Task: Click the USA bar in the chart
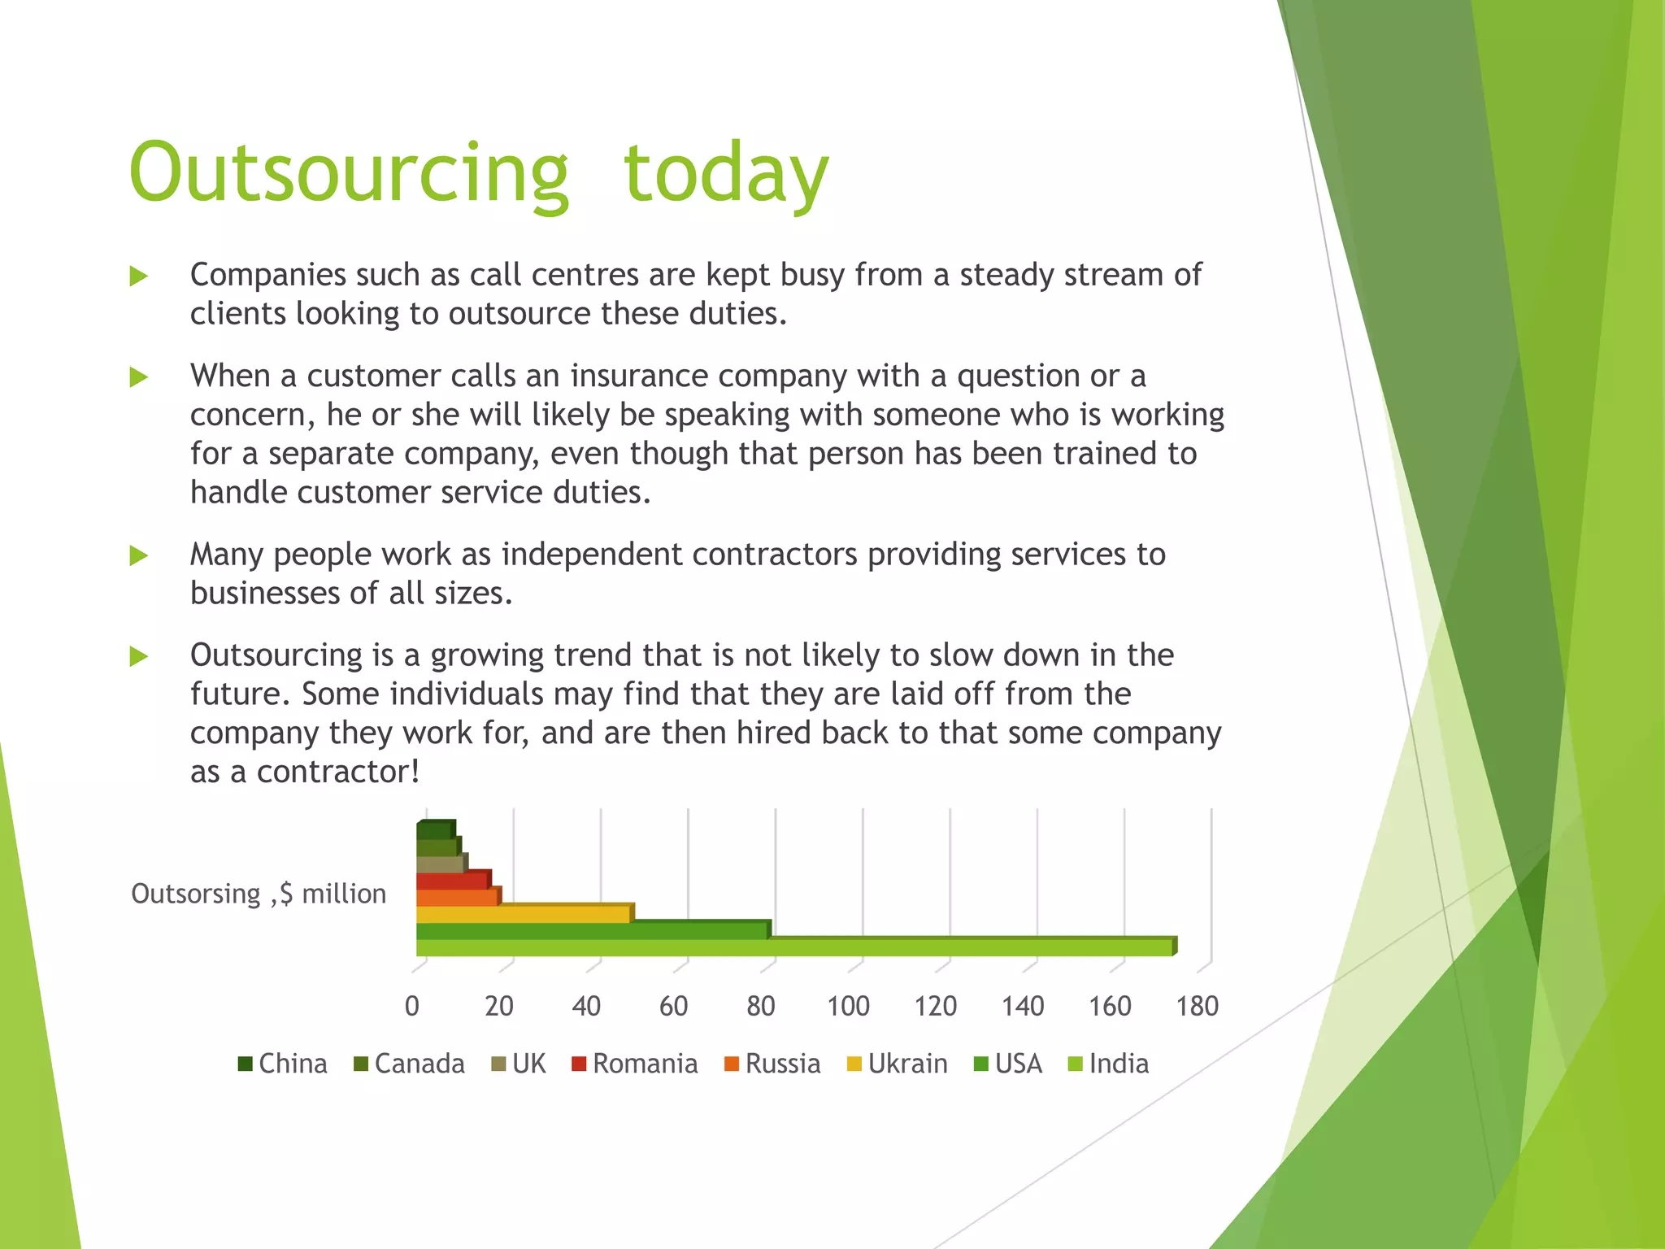(x=592, y=930)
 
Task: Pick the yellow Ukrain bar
(x=523, y=914)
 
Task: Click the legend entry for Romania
(x=635, y=1064)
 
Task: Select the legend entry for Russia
(x=772, y=1064)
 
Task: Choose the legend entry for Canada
(x=410, y=1064)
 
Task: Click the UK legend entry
(x=519, y=1064)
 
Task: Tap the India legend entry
(x=1109, y=1064)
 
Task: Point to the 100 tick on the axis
(x=848, y=1007)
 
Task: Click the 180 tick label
(x=1197, y=1007)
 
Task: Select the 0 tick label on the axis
(x=412, y=1007)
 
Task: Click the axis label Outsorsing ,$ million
(x=259, y=894)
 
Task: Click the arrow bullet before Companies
(x=139, y=276)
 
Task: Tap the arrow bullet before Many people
(x=139, y=556)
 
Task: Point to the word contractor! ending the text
(x=338, y=772)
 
